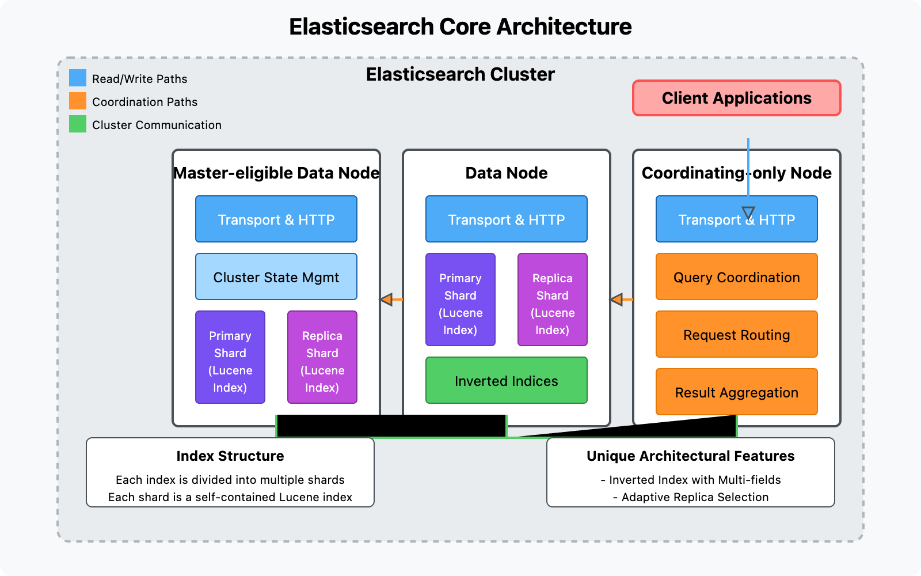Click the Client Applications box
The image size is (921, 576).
click(x=737, y=98)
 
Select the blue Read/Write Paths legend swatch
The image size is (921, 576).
click(x=78, y=78)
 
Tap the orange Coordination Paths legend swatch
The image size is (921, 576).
click(x=78, y=101)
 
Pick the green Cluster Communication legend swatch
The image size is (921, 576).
click(x=78, y=124)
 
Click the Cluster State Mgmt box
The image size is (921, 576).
click(x=276, y=277)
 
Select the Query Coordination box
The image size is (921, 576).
click(x=737, y=277)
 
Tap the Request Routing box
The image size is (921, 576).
click(x=737, y=335)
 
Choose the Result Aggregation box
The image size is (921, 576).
click(x=737, y=392)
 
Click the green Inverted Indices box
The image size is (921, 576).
click(x=507, y=381)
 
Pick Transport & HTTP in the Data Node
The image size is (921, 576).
click(x=507, y=219)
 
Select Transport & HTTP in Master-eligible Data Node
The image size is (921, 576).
click(x=276, y=219)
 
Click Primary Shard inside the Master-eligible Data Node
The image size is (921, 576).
click(x=230, y=358)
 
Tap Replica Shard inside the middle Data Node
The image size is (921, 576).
click(x=553, y=300)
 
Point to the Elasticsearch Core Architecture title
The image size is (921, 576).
click(x=461, y=27)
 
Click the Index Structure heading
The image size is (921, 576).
click(x=230, y=456)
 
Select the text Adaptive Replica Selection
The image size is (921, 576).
click(x=695, y=497)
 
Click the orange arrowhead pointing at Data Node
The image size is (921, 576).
click(x=616, y=300)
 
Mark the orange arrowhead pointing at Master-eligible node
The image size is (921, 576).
click(x=386, y=300)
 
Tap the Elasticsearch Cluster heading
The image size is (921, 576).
click(x=461, y=74)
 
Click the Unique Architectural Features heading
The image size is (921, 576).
click(x=691, y=456)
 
